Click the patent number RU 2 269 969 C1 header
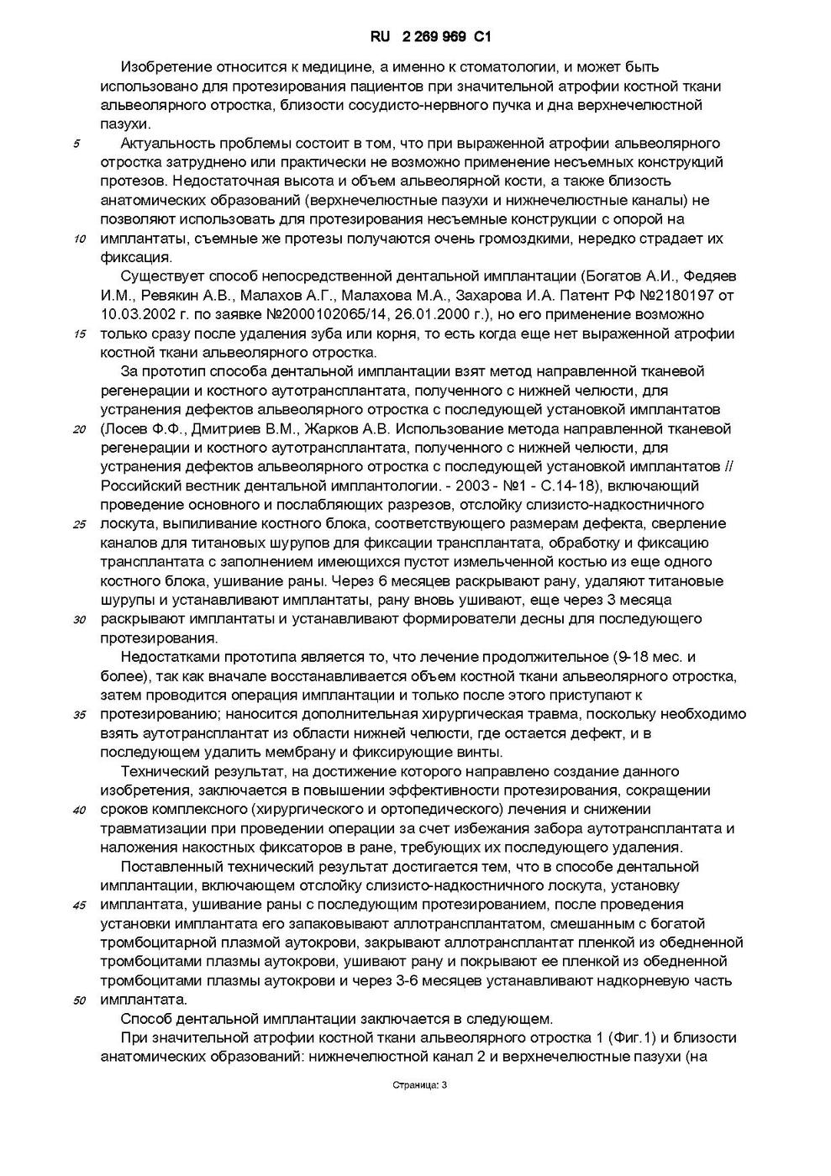pyautogui.click(x=429, y=37)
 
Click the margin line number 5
pyautogui.click(x=76, y=144)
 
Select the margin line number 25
pyautogui.click(x=80, y=525)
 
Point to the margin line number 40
pyautogui.click(x=80, y=811)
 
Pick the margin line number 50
pyautogui.click(x=80, y=1001)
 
